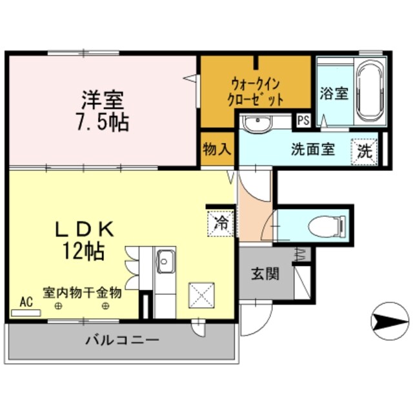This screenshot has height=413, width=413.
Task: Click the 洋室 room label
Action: click(x=102, y=101)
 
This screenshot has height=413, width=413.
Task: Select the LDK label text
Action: click(x=84, y=228)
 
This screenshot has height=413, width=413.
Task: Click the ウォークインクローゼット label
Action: click(x=256, y=92)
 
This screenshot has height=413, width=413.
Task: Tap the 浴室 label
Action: click(x=334, y=93)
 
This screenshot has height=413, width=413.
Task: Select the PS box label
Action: click(x=302, y=120)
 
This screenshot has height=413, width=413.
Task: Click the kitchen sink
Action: click(x=166, y=263)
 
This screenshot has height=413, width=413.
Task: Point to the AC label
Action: click(x=26, y=301)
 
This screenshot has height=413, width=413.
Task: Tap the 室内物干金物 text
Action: click(x=82, y=292)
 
